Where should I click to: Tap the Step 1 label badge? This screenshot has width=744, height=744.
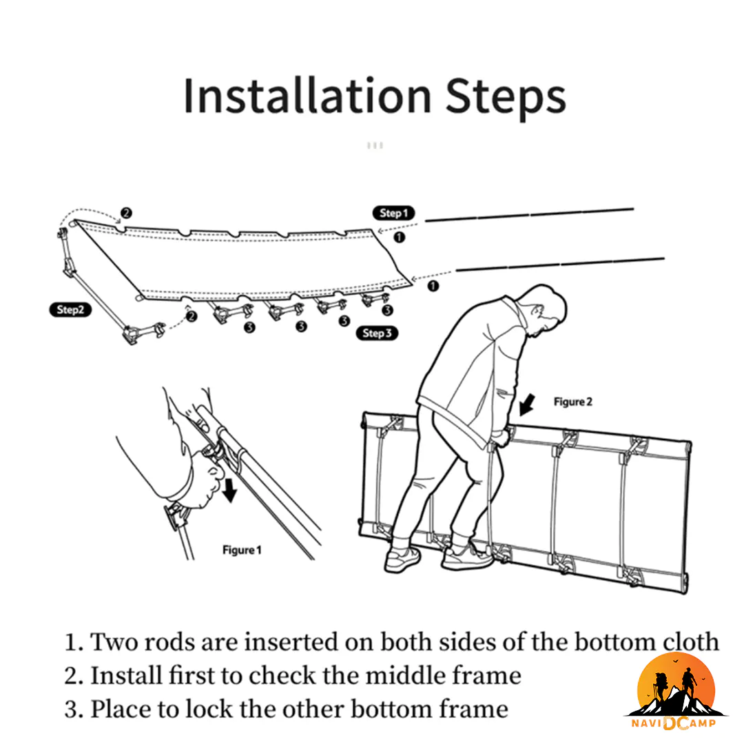[x=394, y=214]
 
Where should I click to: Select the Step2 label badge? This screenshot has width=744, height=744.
[x=70, y=310]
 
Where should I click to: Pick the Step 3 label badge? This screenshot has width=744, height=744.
[x=378, y=333]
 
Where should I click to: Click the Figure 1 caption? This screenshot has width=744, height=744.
[x=242, y=550]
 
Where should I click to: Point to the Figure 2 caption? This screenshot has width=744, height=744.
[x=573, y=402]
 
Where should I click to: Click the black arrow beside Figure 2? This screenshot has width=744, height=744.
[x=527, y=405]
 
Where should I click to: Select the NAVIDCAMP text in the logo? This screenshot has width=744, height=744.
[x=674, y=723]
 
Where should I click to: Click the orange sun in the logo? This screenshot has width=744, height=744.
[x=676, y=683]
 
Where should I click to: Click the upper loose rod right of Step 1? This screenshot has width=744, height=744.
[x=530, y=215]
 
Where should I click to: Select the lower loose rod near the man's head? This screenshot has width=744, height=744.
[x=560, y=265]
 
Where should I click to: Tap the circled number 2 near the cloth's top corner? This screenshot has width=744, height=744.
[x=126, y=213]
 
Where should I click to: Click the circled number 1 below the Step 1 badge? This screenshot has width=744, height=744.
[x=400, y=237]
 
